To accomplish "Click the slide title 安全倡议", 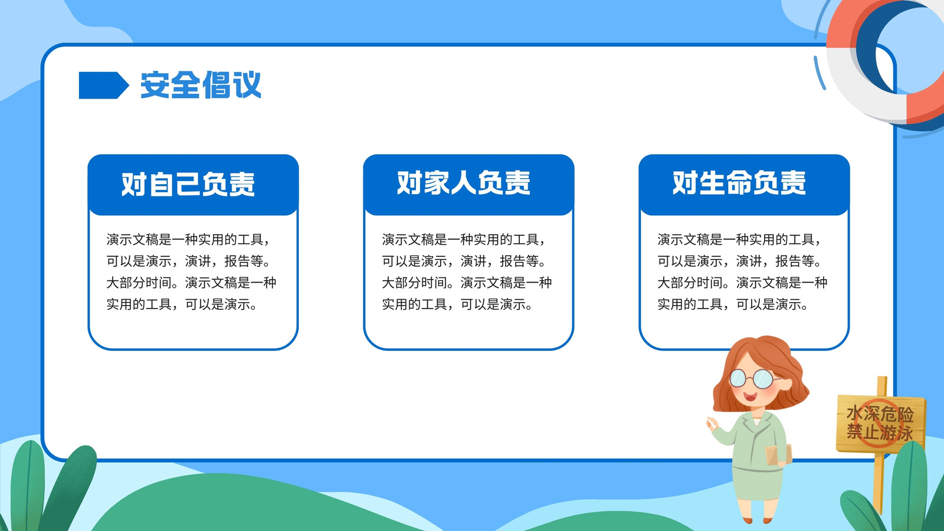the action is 201,85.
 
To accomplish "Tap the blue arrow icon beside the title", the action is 104,86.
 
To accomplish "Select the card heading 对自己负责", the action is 188,184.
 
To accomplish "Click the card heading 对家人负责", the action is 464,183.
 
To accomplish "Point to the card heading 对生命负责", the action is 739,183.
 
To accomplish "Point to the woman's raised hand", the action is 713,423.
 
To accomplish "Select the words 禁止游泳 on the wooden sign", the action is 880,432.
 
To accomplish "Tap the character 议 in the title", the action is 247,85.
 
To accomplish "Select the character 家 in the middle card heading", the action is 437,183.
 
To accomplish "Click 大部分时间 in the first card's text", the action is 139,283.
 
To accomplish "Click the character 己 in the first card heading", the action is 188,184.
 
